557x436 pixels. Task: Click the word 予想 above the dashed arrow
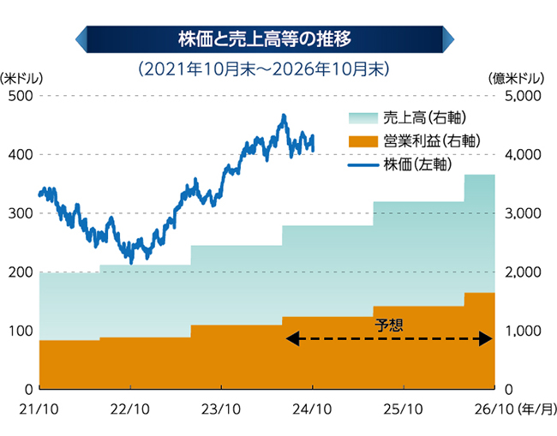389,326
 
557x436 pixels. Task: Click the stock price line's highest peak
284,116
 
